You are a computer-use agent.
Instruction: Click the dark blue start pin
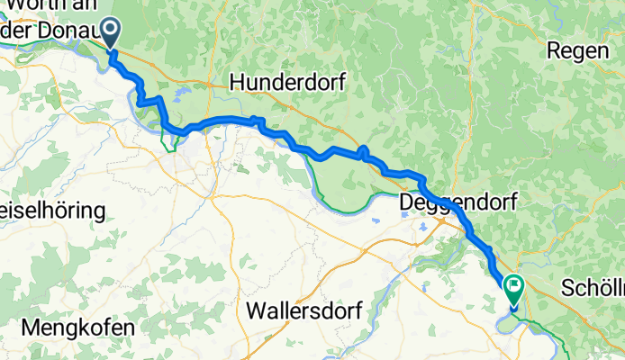coord(112,31)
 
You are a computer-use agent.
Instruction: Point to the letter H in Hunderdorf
coord(237,82)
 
